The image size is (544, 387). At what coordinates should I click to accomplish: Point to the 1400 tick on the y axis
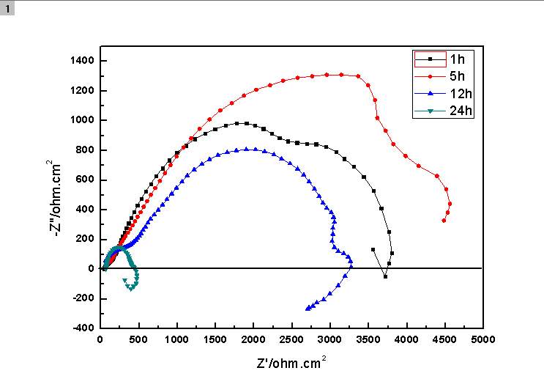point(82,61)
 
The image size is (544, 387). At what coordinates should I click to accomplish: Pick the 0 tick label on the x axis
point(100,340)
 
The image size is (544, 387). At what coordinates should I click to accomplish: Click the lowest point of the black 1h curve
point(386,276)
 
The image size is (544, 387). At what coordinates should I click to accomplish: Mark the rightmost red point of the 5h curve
point(450,204)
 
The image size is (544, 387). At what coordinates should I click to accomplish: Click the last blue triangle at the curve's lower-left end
point(308,309)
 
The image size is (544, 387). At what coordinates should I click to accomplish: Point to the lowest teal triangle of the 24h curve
point(131,289)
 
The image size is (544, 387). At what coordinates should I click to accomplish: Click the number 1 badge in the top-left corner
point(7,7)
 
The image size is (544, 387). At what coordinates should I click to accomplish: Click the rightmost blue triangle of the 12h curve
point(351,268)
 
